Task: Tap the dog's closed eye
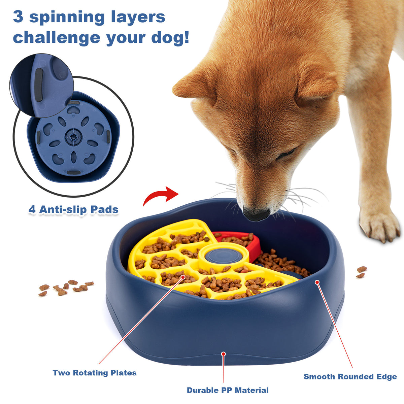point(286,154)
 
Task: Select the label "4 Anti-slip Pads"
point(73,209)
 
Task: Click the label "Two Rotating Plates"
point(95,373)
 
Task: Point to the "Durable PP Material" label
point(228,390)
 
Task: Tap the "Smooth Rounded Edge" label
point(350,376)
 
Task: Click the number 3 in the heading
point(18,17)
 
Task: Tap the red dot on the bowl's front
point(223,354)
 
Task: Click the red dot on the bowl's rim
point(317,282)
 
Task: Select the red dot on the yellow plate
point(183,277)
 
